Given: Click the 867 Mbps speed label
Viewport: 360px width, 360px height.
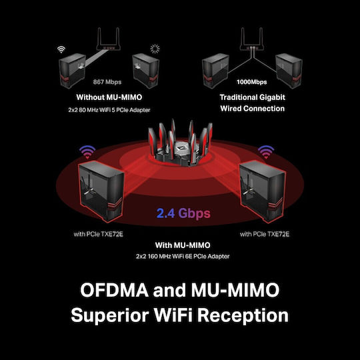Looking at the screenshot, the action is [x=107, y=82].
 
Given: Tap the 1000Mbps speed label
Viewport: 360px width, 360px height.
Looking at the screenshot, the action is [x=251, y=82].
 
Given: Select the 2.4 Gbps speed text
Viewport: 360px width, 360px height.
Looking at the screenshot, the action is [x=183, y=213].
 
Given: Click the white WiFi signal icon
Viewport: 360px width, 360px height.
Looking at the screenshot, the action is [x=61, y=49].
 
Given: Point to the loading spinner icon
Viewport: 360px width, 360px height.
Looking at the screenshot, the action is [x=155, y=49].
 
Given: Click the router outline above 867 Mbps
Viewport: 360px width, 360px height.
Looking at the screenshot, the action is [x=109, y=39].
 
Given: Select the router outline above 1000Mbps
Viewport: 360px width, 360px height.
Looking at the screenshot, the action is [x=251, y=39].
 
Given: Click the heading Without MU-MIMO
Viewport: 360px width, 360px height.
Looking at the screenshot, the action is [x=109, y=97].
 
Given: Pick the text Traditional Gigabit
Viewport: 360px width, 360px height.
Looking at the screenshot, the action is [x=252, y=97].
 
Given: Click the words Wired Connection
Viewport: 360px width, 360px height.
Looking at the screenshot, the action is [x=252, y=109].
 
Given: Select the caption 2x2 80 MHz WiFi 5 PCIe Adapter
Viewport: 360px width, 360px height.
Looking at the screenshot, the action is [x=109, y=110].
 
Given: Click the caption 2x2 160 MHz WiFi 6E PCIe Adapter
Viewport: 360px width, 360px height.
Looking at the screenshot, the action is [x=183, y=256].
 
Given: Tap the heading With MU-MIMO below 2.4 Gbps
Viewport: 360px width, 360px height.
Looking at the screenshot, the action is [x=183, y=245].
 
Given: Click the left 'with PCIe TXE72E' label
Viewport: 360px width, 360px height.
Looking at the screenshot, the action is [x=98, y=234].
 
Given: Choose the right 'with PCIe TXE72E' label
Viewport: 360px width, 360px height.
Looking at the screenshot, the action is [x=265, y=234].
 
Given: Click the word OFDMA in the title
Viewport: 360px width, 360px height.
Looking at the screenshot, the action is [x=115, y=290].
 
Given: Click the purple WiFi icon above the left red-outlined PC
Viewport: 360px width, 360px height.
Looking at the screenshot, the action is [x=87, y=151].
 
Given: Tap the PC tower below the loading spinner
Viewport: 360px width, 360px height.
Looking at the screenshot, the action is [x=146, y=71].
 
